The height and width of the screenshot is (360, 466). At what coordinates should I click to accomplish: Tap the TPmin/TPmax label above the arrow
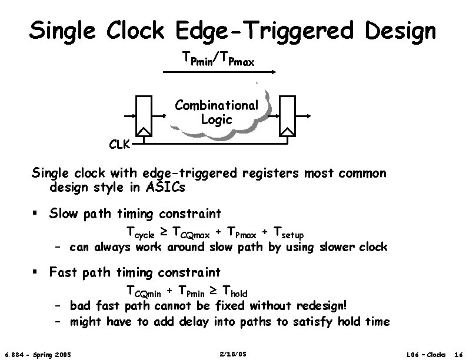pyautogui.click(x=218, y=59)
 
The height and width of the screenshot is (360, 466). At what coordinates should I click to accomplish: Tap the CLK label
pyautogui.click(x=119, y=143)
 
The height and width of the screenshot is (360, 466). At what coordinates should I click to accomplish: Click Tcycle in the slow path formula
pyautogui.click(x=141, y=234)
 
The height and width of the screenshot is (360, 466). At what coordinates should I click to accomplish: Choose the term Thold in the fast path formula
pyautogui.click(x=233, y=292)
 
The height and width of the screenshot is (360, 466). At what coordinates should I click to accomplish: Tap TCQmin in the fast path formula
pyautogui.click(x=145, y=292)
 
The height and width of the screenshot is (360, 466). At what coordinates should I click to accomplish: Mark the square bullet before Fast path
pyautogui.click(x=37, y=272)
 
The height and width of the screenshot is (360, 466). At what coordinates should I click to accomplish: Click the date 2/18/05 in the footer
pyautogui.click(x=232, y=354)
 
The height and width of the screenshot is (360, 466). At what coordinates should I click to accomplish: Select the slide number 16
pyautogui.click(x=458, y=354)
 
